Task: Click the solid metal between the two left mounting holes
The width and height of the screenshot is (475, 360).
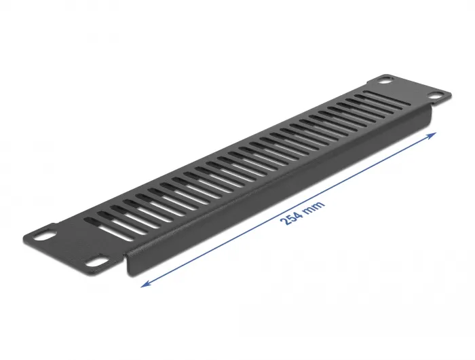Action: [68, 248]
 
